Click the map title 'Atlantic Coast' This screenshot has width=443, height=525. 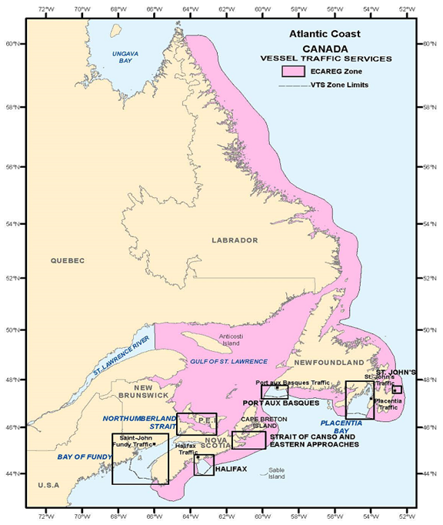pyautogui.click(x=324, y=35)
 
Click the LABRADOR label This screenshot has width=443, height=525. pyautogui.click(x=235, y=240)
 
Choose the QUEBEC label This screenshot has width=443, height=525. pyautogui.click(x=68, y=260)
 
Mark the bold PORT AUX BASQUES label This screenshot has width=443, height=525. pyautogui.click(x=281, y=403)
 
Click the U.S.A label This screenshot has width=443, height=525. pyautogui.click(x=48, y=485)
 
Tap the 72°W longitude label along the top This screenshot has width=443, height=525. pyautogui.click(x=45, y=8)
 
